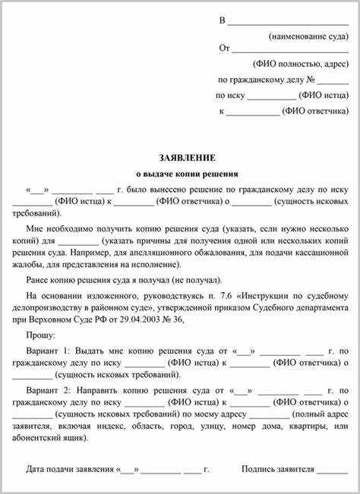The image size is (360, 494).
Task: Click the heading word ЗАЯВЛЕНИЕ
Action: tap(187, 157)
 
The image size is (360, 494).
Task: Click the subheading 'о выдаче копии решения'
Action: tap(187, 174)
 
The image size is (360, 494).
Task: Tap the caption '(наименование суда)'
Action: tap(308, 36)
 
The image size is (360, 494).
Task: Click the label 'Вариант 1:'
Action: tap(47, 350)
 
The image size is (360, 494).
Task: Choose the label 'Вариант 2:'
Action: tap(47, 389)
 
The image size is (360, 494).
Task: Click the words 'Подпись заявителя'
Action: tap(277, 469)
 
